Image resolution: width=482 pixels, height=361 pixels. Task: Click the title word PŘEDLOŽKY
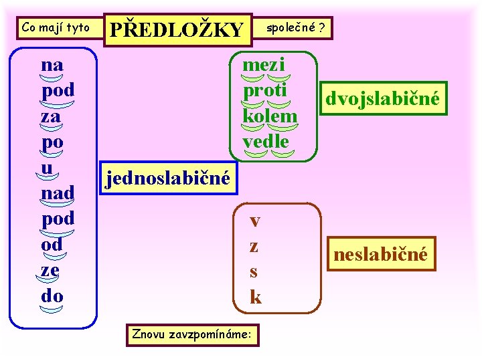pyautogui.click(x=177, y=29)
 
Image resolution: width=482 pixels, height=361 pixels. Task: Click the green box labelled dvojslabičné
pyautogui.click(x=382, y=99)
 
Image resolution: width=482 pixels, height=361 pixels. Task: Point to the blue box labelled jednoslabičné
pyautogui.click(x=167, y=178)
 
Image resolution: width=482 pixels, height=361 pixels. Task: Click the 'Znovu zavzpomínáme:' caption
pyautogui.click(x=192, y=332)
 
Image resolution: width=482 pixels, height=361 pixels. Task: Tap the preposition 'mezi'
pyautogui.click(x=264, y=65)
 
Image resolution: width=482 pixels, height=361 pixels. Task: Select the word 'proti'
pyautogui.click(x=264, y=90)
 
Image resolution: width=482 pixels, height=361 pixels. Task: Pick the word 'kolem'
pyautogui.click(x=270, y=116)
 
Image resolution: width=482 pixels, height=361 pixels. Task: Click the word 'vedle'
pyautogui.click(x=266, y=141)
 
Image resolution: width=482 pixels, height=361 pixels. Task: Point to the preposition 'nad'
pyautogui.click(x=57, y=193)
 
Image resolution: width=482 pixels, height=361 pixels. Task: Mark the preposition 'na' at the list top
pyautogui.click(x=52, y=65)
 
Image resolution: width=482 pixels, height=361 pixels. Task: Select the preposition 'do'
pyautogui.click(x=52, y=295)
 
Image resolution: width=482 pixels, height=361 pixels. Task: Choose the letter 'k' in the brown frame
pyautogui.click(x=255, y=296)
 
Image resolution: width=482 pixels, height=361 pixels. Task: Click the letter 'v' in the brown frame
pyautogui.click(x=255, y=221)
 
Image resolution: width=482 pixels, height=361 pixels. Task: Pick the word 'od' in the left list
pyautogui.click(x=52, y=244)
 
